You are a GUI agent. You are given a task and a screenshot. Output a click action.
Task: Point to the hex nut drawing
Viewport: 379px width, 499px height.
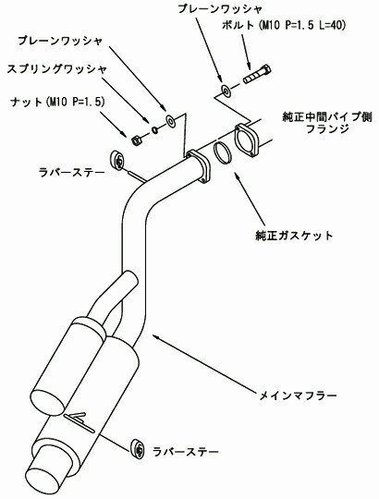[x=137, y=140]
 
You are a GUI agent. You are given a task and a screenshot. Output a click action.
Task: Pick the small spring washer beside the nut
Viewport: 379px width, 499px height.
[x=154, y=128]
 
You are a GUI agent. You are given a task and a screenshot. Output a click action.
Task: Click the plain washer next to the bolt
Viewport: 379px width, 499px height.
[x=226, y=91]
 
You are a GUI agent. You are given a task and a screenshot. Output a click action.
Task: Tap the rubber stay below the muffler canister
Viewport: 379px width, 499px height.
[x=139, y=447]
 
